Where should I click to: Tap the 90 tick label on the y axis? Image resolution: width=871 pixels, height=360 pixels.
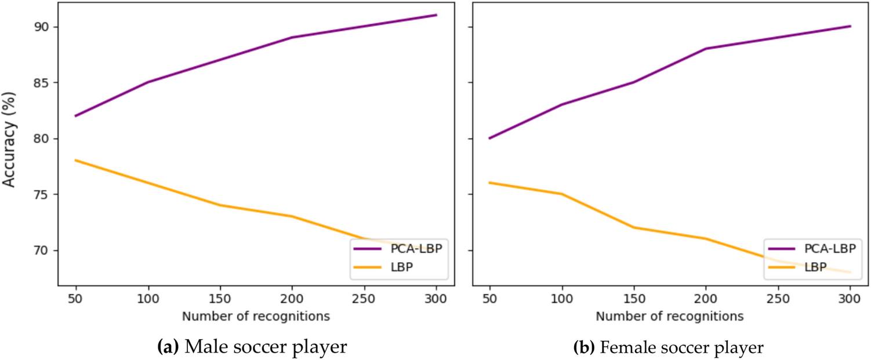42,27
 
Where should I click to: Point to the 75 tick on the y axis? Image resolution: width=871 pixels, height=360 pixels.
42,194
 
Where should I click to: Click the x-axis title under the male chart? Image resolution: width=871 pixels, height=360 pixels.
256,317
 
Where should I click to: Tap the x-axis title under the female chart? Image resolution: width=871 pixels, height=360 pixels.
669,317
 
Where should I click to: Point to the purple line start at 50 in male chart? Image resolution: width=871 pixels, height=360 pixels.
76,116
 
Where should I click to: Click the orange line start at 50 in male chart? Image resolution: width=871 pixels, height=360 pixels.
76,161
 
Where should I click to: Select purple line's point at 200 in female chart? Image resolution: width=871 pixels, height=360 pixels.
706,49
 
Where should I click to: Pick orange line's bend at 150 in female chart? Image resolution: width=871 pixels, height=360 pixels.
634,227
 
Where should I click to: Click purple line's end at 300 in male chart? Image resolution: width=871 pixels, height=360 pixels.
436,15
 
